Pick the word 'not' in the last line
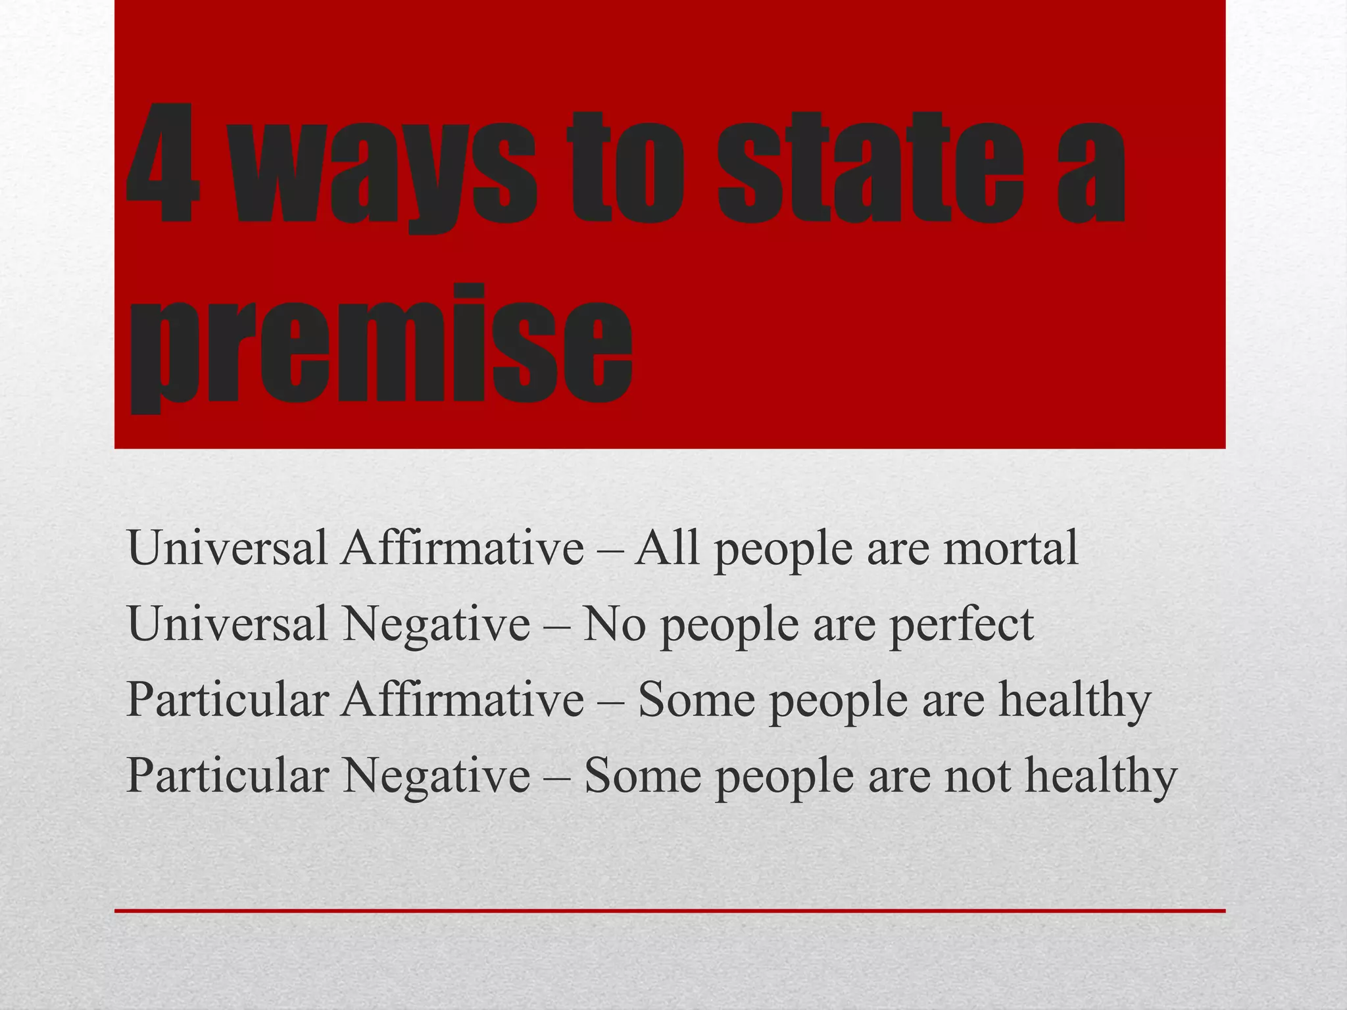[x=977, y=775]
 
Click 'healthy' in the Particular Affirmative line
[x=1075, y=700]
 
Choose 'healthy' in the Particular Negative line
[x=1101, y=777]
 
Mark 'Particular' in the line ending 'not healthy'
[x=227, y=775]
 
